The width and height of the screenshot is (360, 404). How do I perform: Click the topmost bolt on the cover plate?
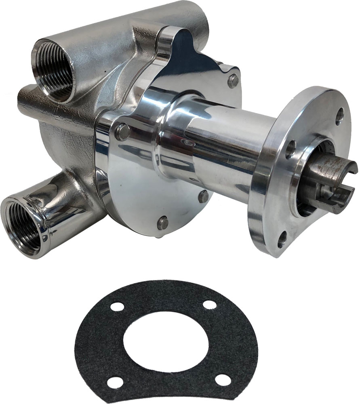pos(233,81)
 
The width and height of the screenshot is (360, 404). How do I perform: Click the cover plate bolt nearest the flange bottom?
pos(204,196)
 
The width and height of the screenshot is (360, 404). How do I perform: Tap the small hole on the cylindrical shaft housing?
pos(187,142)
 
